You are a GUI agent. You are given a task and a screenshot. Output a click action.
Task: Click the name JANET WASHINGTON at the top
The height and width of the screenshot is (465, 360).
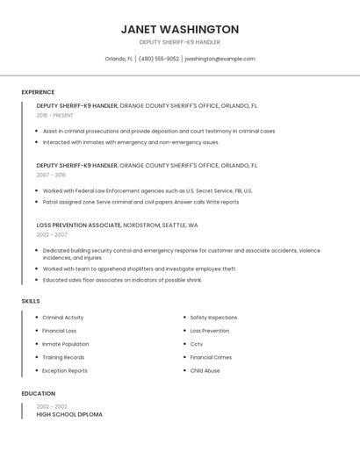tap(180, 29)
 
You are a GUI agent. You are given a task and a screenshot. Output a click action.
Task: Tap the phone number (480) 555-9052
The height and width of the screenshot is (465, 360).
tap(158, 59)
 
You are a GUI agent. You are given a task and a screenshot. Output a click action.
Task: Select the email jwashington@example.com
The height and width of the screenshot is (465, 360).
tap(220, 59)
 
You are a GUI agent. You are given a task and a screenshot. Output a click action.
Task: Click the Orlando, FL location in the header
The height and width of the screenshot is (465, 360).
tap(119, 59)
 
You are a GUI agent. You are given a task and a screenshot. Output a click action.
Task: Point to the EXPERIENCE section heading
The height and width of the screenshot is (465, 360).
tap(38, 92)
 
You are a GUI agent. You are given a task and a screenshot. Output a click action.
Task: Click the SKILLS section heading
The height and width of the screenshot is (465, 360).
tap(31, 301)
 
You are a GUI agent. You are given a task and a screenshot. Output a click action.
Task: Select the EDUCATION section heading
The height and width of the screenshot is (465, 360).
tap(39, 394)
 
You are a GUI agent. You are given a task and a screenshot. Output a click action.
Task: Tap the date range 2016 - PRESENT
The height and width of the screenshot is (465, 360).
tap(55, 115)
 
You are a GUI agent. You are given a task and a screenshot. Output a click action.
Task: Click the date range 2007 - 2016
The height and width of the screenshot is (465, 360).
tap(51, 175)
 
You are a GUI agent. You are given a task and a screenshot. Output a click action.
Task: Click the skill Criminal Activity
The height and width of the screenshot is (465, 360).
tap(63, 318)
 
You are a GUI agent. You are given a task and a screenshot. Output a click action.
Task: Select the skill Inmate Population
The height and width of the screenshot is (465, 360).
tap(66, 344)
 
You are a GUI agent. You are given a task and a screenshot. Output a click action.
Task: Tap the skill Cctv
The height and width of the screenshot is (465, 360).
tap(197, 344)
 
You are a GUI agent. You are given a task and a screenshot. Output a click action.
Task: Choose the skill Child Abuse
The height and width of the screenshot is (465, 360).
tap(205, 370)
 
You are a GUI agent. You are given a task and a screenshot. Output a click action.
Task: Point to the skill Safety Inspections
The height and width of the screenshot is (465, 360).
tap(213, 318)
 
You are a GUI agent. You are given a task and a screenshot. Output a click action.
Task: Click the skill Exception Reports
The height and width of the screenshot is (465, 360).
tap(65, 370)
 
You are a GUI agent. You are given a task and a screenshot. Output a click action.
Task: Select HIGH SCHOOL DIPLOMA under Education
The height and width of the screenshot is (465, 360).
tap(69, 414)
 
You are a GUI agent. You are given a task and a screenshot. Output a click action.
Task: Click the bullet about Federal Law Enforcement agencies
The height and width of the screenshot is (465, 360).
tap(148, 190)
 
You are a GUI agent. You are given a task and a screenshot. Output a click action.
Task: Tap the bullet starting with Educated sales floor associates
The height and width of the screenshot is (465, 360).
tap(122, 280)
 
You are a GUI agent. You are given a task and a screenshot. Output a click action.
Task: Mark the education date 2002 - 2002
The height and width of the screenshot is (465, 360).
tap(52, 406)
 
